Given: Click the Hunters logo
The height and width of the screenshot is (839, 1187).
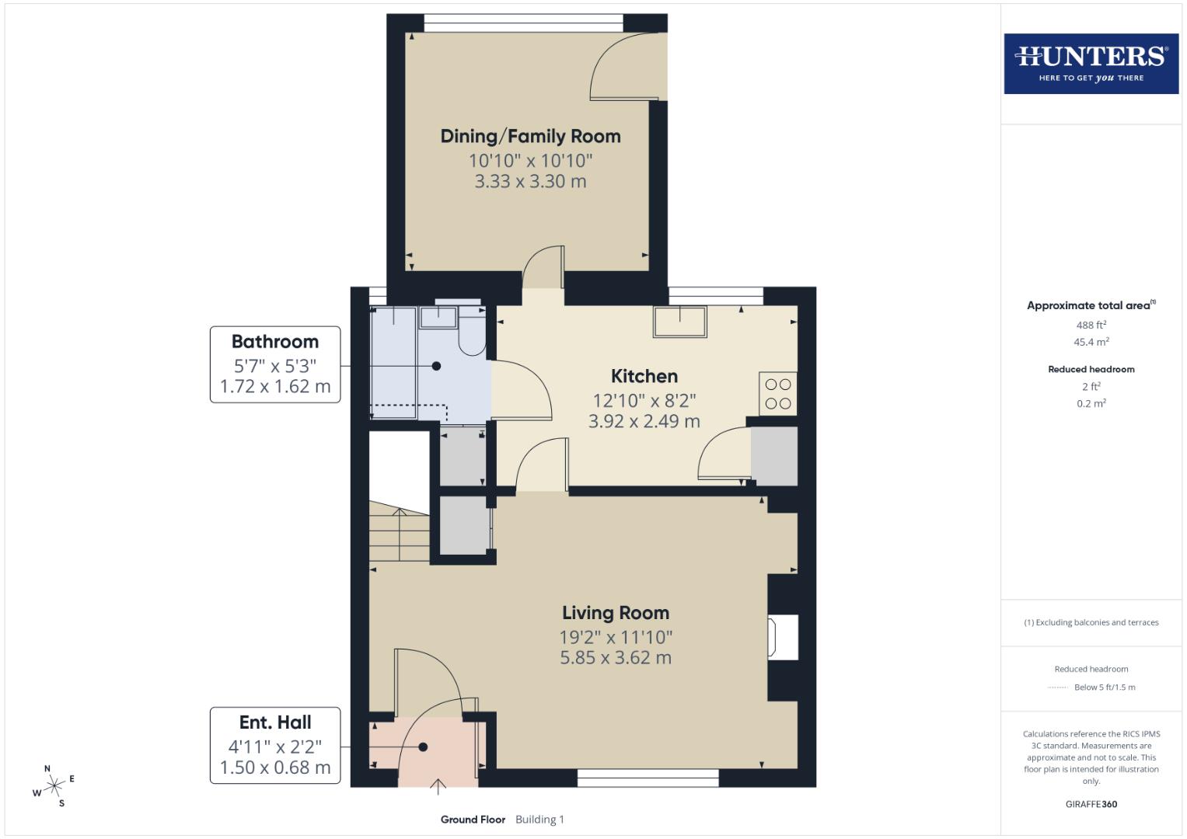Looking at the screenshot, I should (1091, 64).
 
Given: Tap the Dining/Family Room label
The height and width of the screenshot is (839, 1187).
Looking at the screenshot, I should (530, 136).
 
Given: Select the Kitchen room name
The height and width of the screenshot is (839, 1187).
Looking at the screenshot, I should (644, 376).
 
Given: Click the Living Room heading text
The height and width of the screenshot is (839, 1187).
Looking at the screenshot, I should (615, 612).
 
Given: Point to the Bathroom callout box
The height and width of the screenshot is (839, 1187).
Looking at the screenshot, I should (275, 364).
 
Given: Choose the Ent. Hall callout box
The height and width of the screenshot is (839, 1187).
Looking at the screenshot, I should (275, 745).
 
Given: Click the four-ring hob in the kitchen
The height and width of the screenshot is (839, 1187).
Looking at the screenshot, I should (777, 394).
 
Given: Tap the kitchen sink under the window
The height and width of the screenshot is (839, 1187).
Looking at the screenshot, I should (680, 322).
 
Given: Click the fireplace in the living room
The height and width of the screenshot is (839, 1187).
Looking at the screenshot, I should (783, 637).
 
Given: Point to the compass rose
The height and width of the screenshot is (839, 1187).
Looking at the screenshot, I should (54, 785).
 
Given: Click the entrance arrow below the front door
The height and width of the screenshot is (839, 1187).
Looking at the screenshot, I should (438, 787).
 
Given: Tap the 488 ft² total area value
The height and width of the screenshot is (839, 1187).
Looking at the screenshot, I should (1091, 325).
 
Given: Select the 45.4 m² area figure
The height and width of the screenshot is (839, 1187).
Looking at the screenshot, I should (1091, 342).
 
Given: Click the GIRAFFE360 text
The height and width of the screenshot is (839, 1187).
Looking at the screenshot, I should (1091, 804).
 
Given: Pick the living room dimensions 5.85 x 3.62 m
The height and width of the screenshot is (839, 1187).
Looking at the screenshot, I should (615, 657).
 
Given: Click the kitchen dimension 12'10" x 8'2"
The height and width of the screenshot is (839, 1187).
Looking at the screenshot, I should (644, 401).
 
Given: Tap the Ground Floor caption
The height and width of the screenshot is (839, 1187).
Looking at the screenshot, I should (473, 819).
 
